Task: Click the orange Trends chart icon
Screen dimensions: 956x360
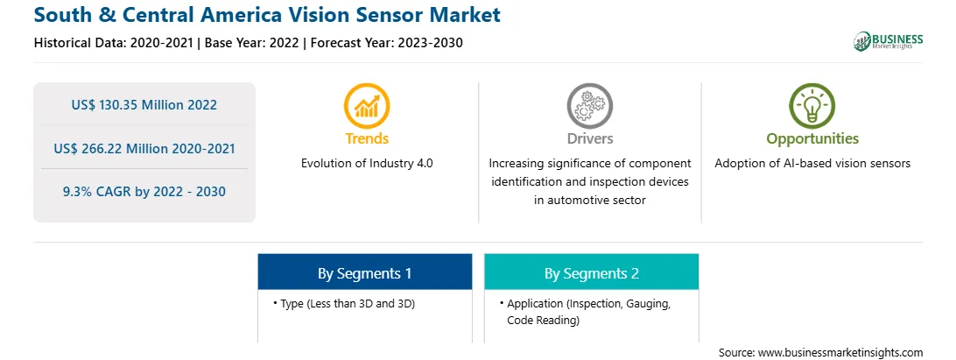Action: coord(367,106)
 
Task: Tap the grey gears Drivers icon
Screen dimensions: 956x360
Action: coord(589,106)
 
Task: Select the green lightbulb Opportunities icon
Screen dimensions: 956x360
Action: coord(812,106)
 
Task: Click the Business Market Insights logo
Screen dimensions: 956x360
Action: coord(889,41)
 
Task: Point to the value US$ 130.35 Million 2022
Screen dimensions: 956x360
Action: coord(144,104)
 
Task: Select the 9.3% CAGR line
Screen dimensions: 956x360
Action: coord(144,192)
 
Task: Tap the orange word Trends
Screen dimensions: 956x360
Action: coord(367,138)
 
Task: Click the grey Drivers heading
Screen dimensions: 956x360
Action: coord(589,138)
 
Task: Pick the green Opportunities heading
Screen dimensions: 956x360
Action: coord(812,138)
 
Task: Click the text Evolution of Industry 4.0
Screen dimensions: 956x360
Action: coord(367,164)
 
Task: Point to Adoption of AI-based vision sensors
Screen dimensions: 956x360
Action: coord(812,164)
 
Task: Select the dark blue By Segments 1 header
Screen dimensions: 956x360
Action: coord(364,272)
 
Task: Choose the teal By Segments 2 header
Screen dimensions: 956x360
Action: coord(592,272)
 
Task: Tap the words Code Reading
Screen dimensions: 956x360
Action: coord(543,320)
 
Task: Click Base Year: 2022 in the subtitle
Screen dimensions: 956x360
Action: coord(251,43)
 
